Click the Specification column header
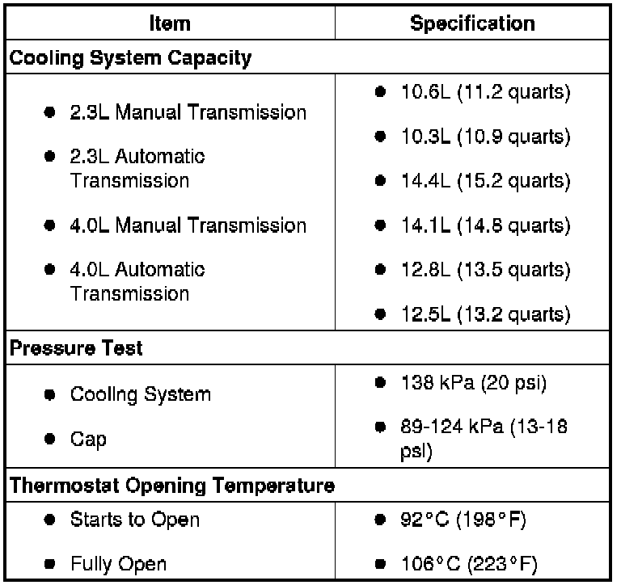coord(472,23)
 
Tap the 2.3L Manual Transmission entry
coord(188,112)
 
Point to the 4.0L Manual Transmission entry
coord(188,225)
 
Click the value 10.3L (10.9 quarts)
coord(485,137)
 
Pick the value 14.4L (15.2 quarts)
coord(485,181)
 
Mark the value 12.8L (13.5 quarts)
coord(485,269)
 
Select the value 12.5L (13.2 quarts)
coord(485,314)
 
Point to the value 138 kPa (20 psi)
coord(474,383)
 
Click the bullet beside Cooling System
coord(50,395)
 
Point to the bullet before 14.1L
coord(379,225)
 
